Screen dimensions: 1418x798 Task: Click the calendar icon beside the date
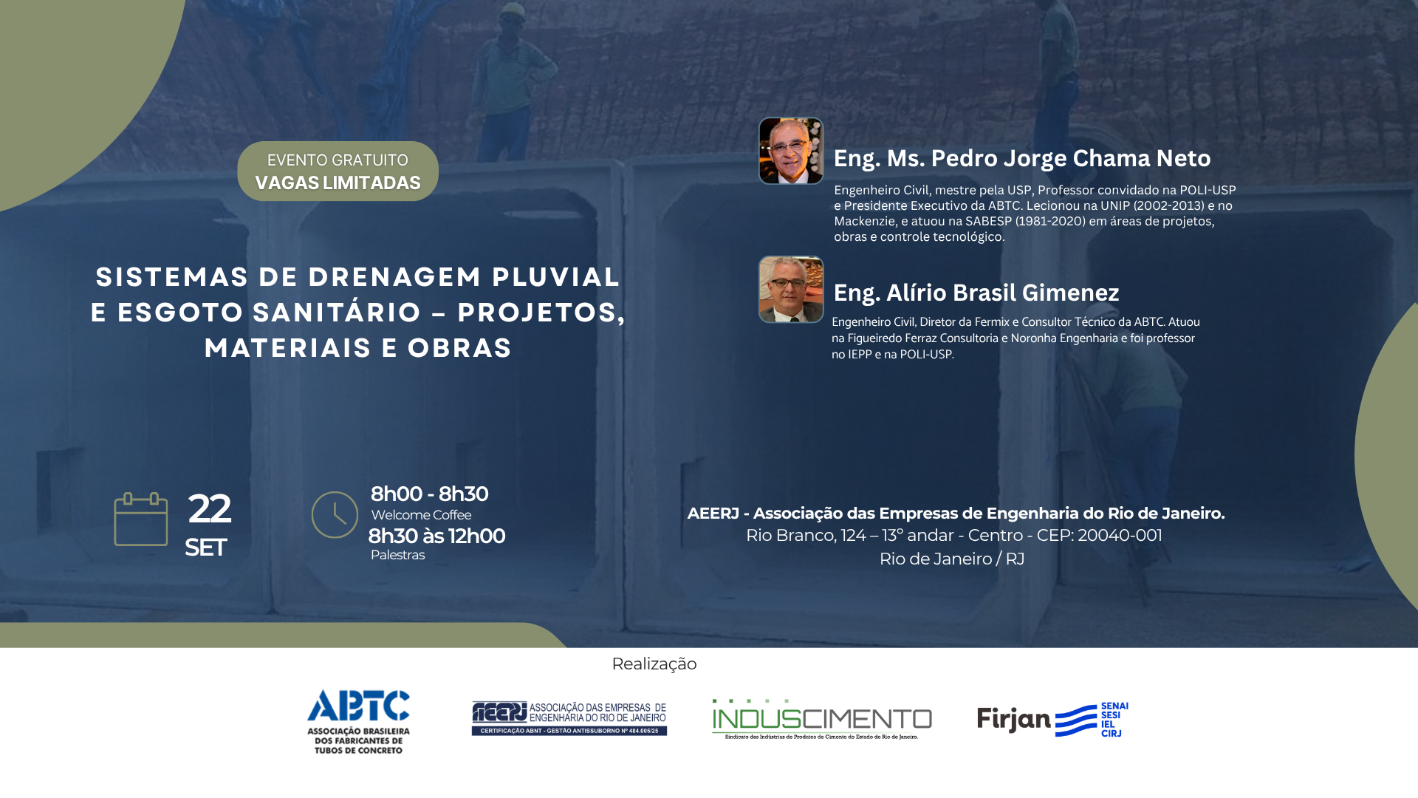tap(141, 519)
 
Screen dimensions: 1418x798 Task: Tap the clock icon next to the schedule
tap(335, 515)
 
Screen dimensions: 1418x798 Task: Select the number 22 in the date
tap(209, 508)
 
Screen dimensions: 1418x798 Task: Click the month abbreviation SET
tap(205, 548)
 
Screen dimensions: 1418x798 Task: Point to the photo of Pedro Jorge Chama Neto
tap(791, 151)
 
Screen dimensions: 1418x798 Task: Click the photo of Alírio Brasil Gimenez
tap(791, 290)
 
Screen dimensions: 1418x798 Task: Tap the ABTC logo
tap(358, 722)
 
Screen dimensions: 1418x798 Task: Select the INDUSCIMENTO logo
tap(822, 719)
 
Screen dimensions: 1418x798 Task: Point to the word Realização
tap(654, 664)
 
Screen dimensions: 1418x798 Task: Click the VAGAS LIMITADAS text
tap(338, 183)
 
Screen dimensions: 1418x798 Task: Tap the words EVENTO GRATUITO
tap(338, 160)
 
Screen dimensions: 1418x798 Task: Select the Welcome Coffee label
tap(421, 515)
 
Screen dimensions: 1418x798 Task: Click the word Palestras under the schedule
tap(397, 555)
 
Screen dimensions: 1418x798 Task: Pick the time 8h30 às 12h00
tap(436, 536)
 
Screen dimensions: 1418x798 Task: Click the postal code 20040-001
tap(1120, 536)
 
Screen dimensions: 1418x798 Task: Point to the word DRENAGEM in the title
tap(395, 277)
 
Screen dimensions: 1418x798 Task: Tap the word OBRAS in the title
tap(460, 348)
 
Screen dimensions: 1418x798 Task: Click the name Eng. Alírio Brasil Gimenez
tap(976, 293)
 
